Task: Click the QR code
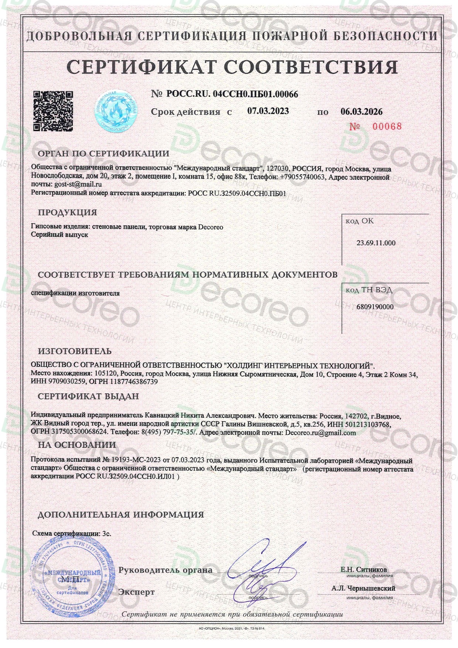point(53,111)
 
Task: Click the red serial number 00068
point(386,126)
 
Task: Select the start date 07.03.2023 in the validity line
point(268,111)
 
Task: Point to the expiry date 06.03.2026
point(361,112)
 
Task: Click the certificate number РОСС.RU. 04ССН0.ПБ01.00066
point(232,94)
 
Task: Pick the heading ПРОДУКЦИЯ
point(67,212)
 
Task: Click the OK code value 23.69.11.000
point(376,243)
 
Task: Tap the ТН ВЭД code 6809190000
point(375,307)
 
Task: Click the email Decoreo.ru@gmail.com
point(321,433)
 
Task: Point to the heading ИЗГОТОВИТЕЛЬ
point(75,351)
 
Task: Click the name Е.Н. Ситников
point(363,570)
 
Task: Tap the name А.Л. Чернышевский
point(363,588)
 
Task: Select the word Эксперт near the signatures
point(136,592)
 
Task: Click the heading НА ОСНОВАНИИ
point(77,445)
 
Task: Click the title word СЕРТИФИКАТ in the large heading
point(141,67)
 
